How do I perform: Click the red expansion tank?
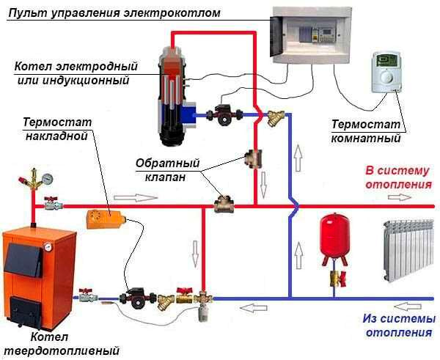click(331, 239)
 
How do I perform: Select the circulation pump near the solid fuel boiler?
click(138, 296)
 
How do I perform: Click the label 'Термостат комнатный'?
click(366, 131)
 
